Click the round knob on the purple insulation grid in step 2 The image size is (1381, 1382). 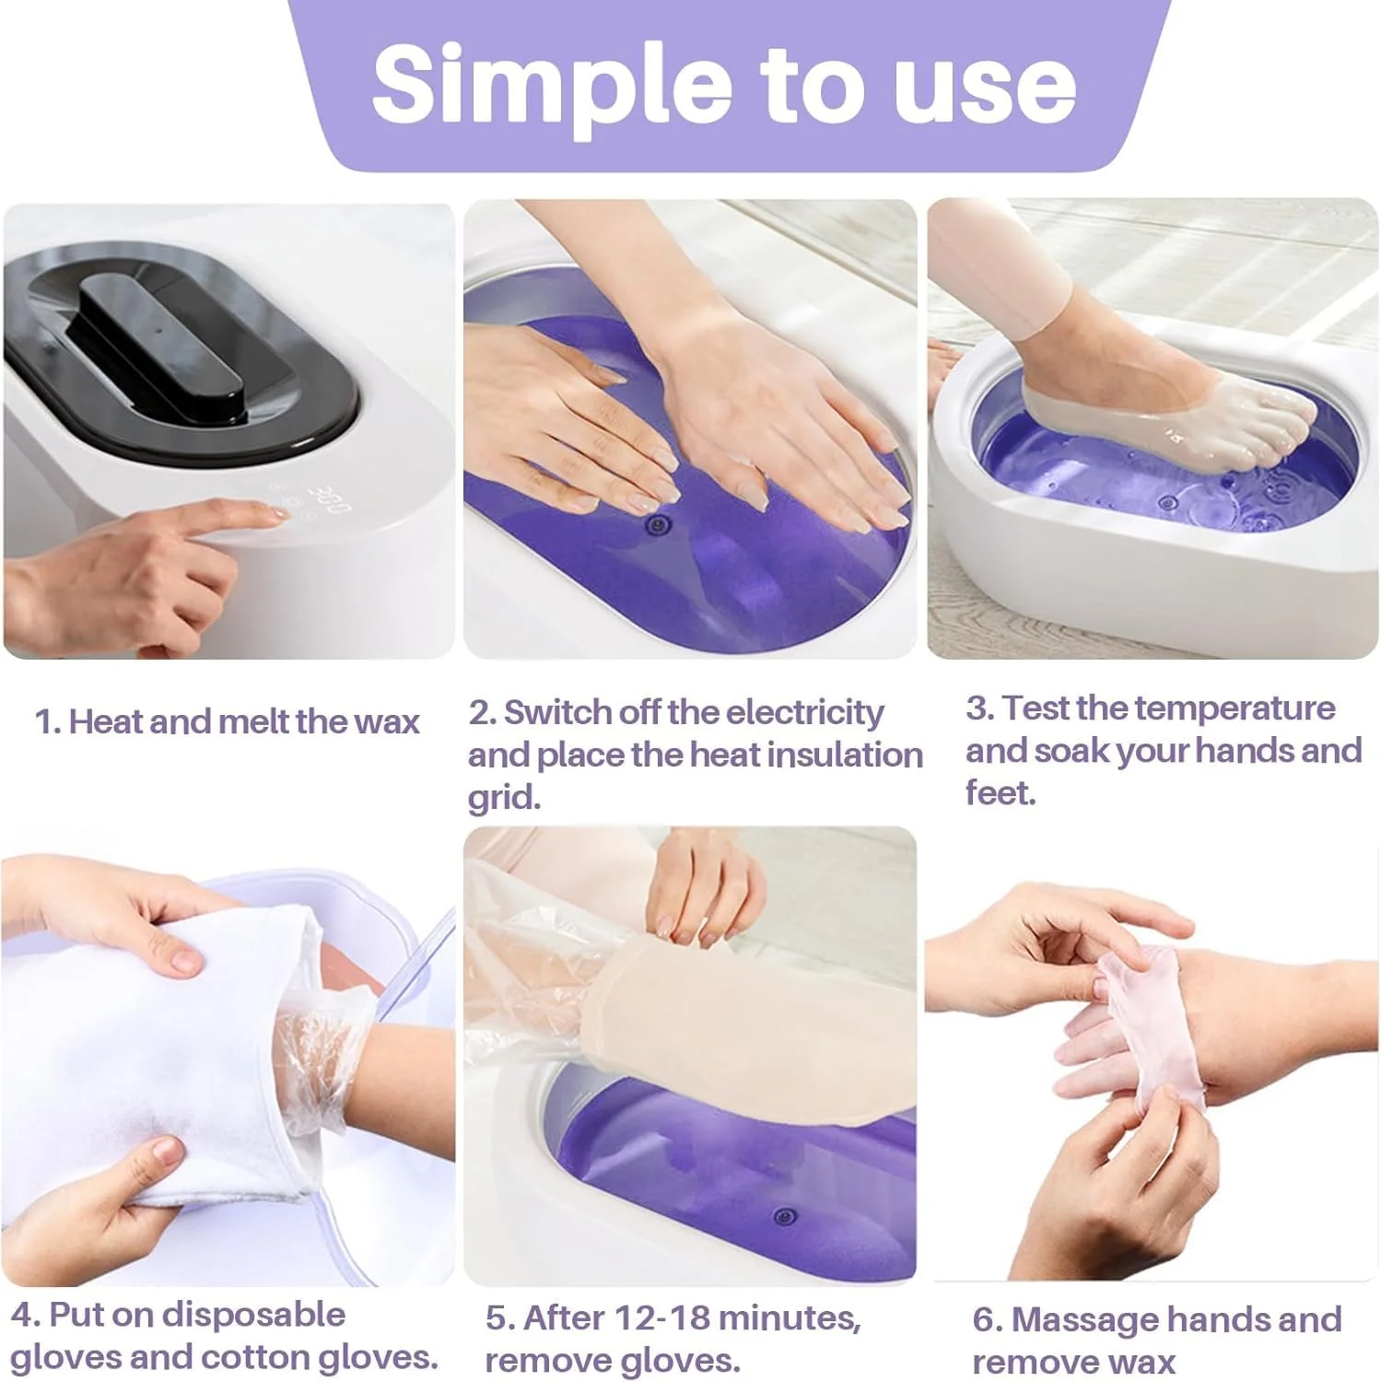(657, 525)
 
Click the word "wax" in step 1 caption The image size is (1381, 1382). (387, 721)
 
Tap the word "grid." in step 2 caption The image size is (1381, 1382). (504, 797)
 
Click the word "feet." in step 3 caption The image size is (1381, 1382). (1001, 792)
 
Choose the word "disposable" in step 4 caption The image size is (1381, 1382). (254, 1316)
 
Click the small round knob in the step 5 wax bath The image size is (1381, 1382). (784, 1216)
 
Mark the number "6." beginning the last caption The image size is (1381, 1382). (988, 1320)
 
